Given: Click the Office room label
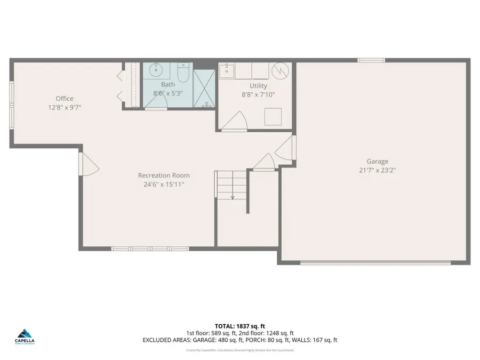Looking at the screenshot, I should pos(65,98).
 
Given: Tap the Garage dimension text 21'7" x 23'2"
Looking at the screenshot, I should pos(377,171).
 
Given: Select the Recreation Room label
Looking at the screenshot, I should pos(164,175).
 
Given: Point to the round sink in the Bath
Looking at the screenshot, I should pos(156,70).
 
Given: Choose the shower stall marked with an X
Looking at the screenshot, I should pos(204,89).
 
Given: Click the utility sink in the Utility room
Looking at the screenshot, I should pos(228,69).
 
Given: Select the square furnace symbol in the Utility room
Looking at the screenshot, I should pos(274,115).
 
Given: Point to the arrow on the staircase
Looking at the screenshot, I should pos(233,197).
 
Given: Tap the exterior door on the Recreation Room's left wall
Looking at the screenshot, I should pos(89,164).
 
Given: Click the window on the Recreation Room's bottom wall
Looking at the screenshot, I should pos(142,248).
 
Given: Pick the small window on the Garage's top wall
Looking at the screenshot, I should pos(371,60).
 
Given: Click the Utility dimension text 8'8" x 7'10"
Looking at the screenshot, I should pos(258,95).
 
